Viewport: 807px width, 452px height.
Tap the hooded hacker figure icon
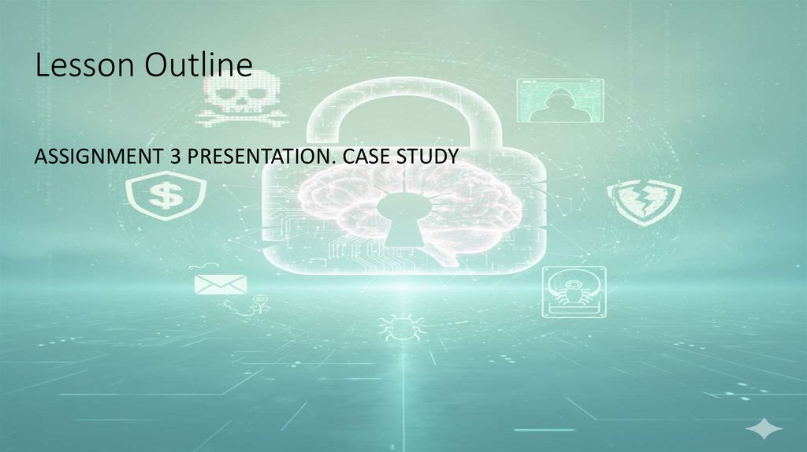tap(559, 101)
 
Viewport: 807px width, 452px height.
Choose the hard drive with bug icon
tap(574, 291)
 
